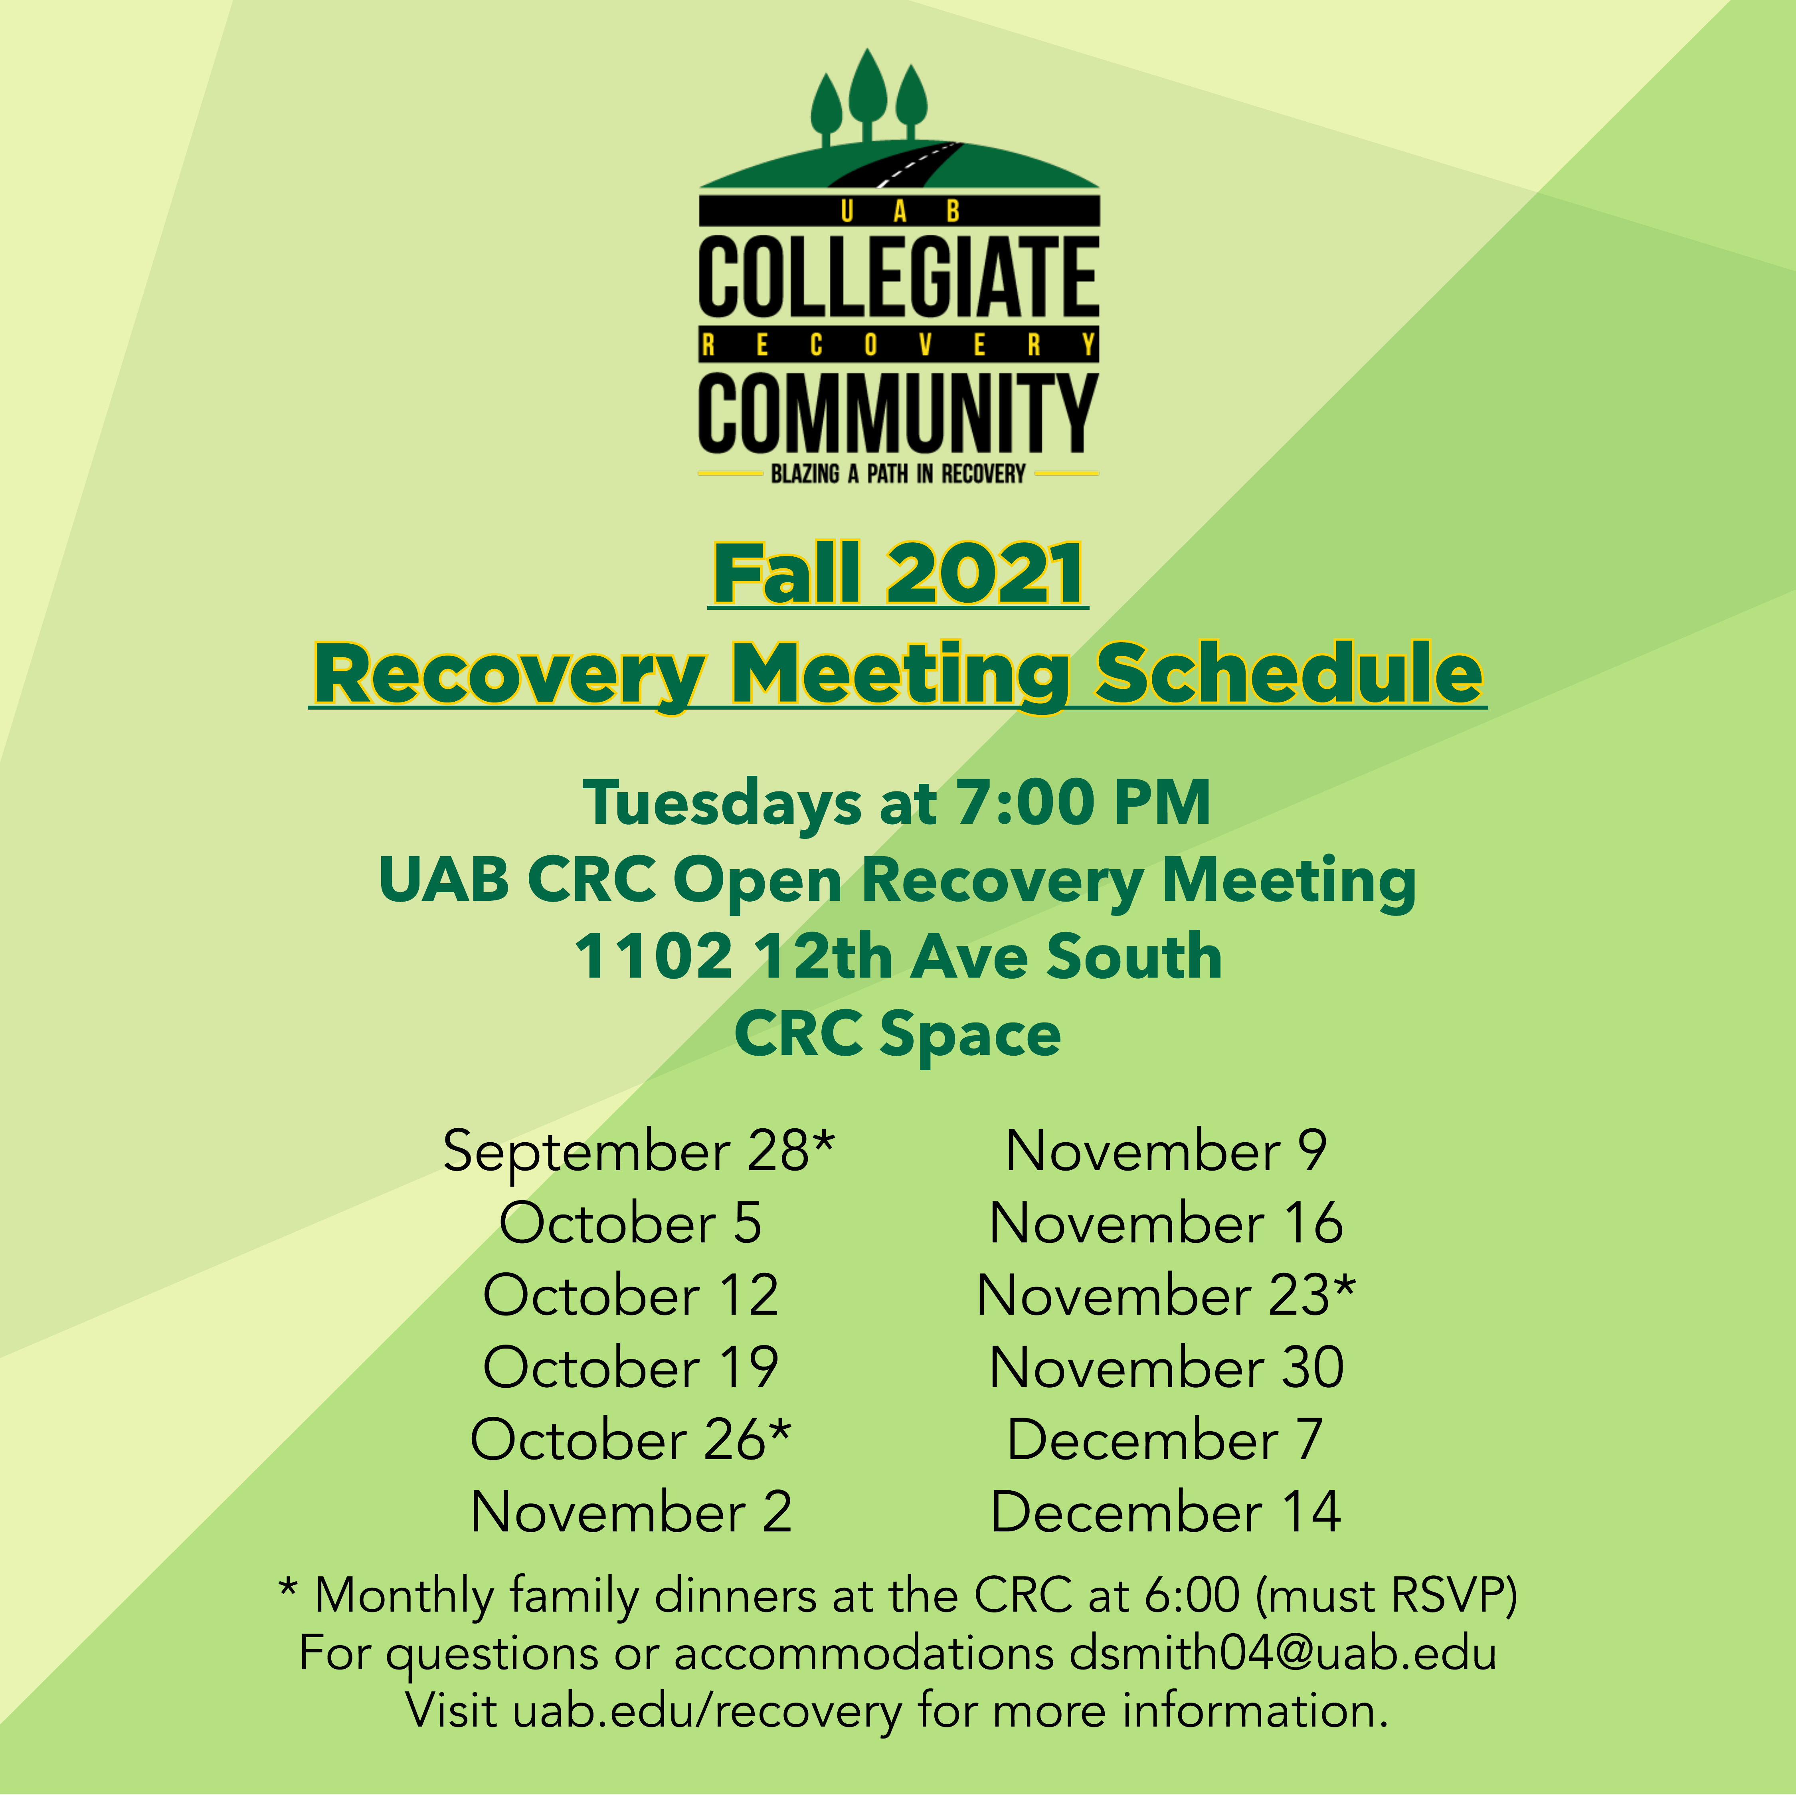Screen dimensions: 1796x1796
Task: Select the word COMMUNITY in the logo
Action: point(898,413)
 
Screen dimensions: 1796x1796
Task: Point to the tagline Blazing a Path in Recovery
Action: point(898,474)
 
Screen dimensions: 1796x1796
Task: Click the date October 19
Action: point(630,1367)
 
